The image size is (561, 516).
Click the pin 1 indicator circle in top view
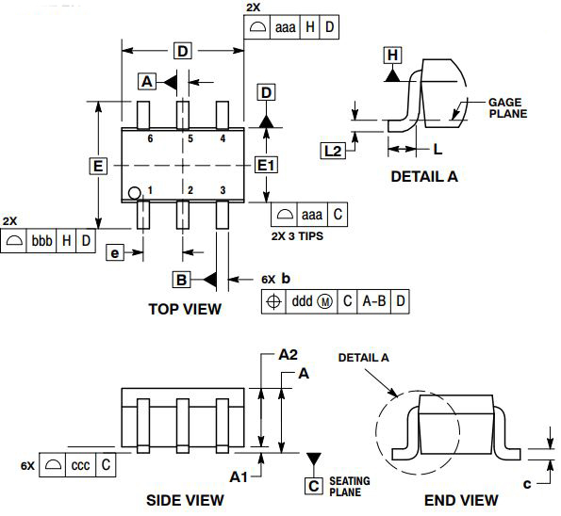click(x=136, y=193)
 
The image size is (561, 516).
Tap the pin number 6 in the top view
click(x=150, y=138)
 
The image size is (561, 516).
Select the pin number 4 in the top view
click(x=223, y=138)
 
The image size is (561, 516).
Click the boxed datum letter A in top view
click(x=147, y=82)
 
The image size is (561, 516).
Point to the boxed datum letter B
click(x=182, y=279)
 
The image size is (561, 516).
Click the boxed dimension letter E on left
click(x=96, y=167)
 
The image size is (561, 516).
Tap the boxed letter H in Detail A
click(x=392, y=56)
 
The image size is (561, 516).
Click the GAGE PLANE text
click(x=506, y=107)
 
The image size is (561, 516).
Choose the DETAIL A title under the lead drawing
click(x=423, y=176)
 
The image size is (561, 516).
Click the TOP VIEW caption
click(x=185, y=308)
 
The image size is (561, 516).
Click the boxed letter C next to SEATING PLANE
click(x=313, y=486)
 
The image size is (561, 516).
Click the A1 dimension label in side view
click(x=239, y=477)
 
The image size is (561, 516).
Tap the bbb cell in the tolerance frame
click(x=41, y=241)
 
